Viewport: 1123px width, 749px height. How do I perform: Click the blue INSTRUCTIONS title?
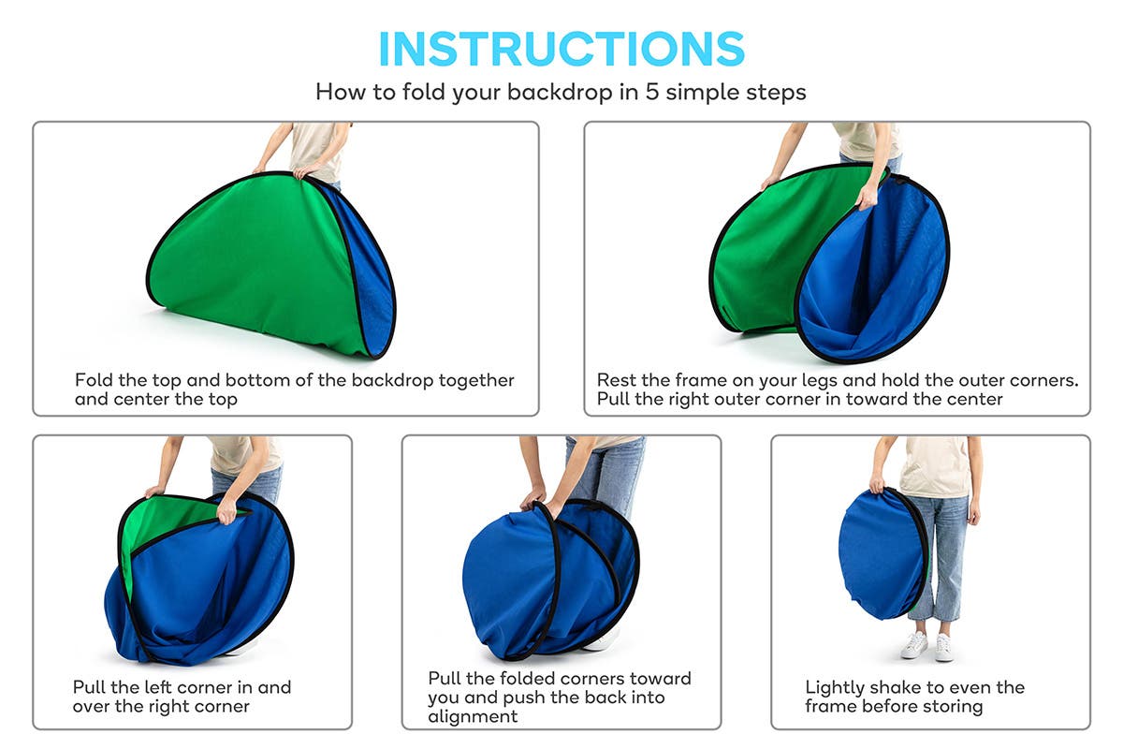click(561, 48)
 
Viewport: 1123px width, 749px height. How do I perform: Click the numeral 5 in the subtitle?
click(651, 92)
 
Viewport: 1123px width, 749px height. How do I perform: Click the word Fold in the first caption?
click(94, 380)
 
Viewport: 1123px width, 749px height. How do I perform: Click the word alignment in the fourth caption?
click(473, 716)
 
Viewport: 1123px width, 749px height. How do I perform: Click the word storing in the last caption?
click(953, 706)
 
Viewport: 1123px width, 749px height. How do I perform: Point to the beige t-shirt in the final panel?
click(936, 466)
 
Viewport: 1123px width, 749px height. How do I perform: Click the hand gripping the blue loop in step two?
click(866, 198)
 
